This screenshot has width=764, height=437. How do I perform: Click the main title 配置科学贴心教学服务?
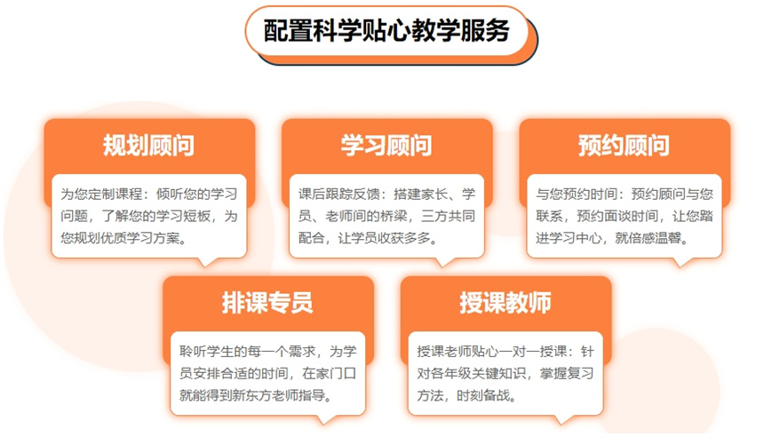386,31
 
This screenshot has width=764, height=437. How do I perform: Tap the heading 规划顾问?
148,145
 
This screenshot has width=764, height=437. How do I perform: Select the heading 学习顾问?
386,145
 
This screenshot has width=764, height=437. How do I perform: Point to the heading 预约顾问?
624,145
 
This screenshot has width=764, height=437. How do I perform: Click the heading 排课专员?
267,303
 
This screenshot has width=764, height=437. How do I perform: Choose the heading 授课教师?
505,303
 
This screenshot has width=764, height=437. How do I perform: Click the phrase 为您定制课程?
101,194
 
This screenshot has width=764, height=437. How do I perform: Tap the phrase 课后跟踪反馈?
339,194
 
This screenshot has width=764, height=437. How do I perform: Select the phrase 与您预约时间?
577,194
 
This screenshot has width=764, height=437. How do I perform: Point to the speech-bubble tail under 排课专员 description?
325,419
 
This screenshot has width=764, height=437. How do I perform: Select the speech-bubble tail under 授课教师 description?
563,419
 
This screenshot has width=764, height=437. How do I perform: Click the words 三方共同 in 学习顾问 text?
449,216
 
